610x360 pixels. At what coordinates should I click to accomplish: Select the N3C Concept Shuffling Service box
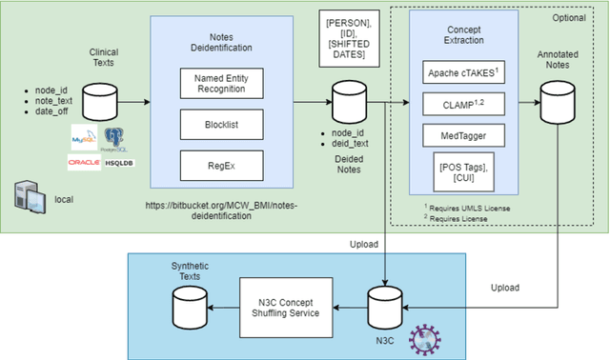click(x=286, y=310)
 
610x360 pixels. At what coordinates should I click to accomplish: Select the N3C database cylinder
click(x=384, y=307)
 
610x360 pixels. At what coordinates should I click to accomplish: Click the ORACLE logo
click(x=84, y=163)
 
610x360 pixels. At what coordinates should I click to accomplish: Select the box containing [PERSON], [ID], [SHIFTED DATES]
click(x=348, y=38)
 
